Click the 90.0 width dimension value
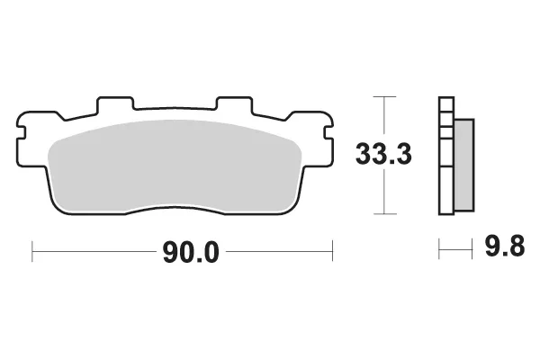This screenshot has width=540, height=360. (x=191, y=252)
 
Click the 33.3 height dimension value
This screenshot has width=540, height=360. (x=383, y=154)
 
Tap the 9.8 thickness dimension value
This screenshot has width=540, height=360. (x=505, y=246)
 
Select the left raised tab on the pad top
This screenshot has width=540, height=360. (x=115, y=103)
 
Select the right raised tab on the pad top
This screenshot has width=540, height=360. (x=235, y=103)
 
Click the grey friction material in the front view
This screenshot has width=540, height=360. (x=175, y=165)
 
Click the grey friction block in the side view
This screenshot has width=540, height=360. (x=464, y=165)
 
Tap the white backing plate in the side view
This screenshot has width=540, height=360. (x=446, y=156)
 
